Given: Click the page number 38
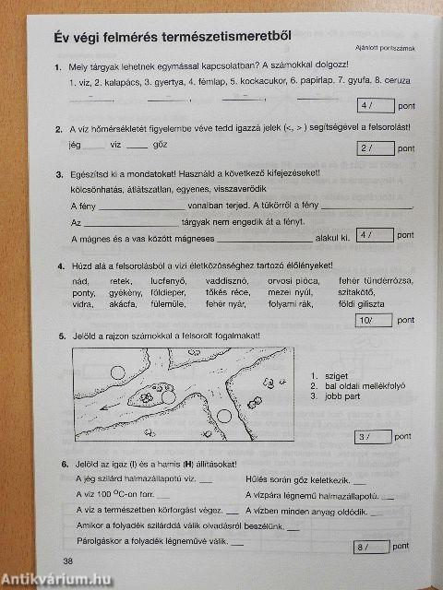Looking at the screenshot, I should (x=67, y=561).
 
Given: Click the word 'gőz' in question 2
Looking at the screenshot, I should (x=169, y=146).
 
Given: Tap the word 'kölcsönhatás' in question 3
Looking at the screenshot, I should (x=99, y=188).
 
